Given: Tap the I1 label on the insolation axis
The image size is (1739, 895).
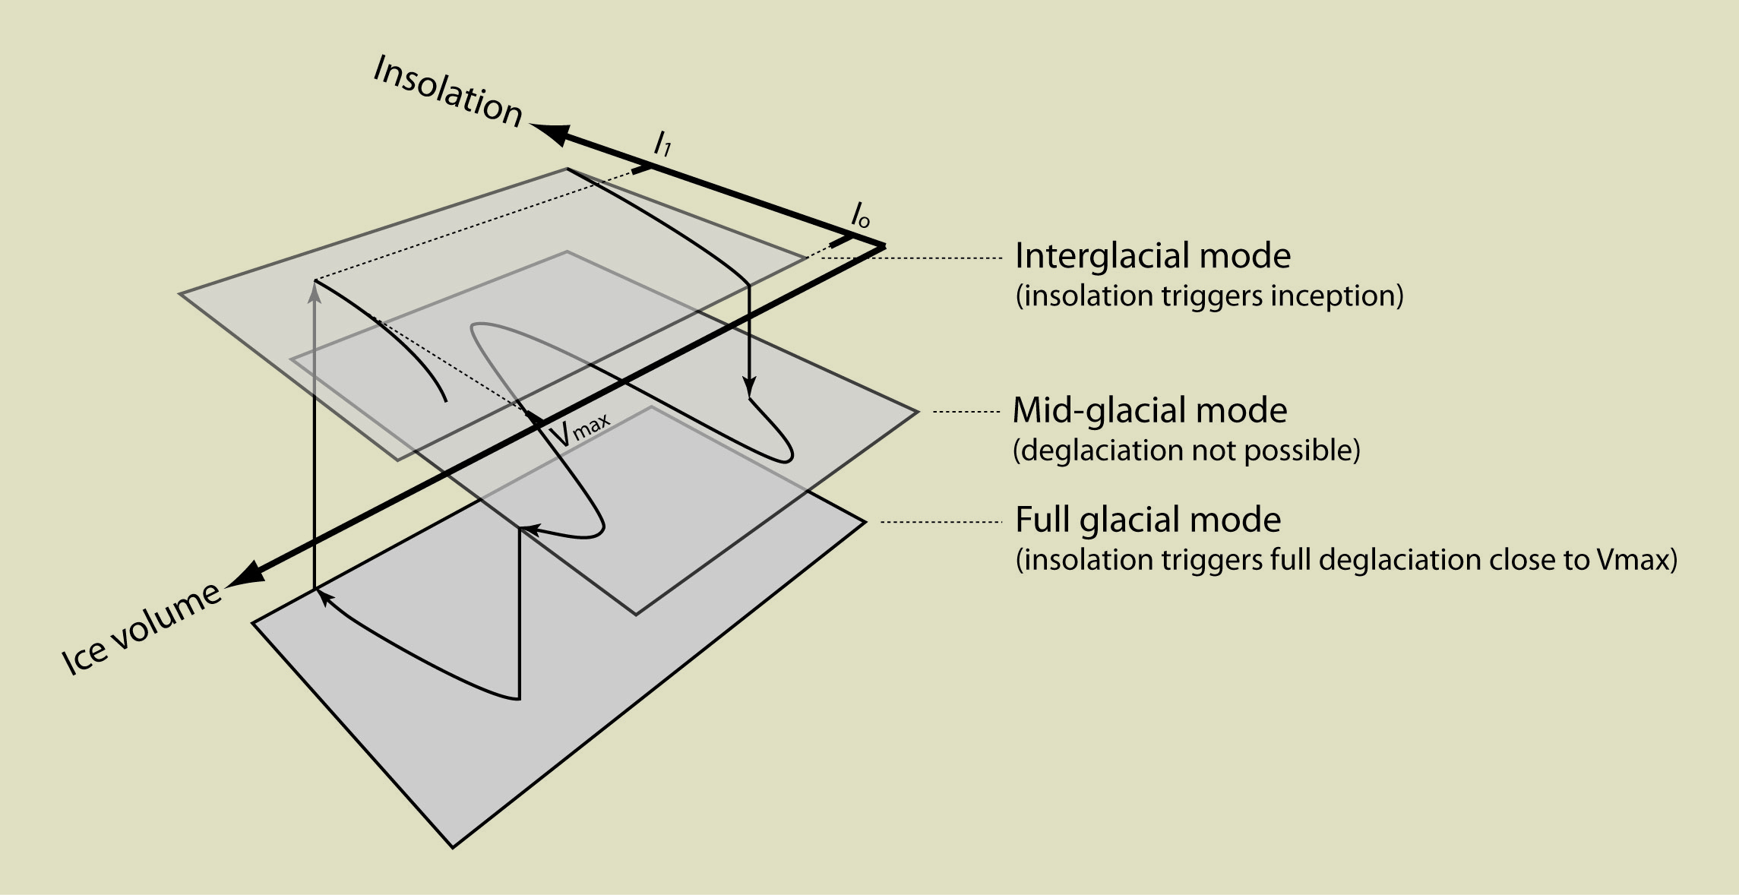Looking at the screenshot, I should (x=662, y=143).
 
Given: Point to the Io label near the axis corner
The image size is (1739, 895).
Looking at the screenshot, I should (x=860, y=216).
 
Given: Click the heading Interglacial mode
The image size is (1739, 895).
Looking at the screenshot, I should (x=1152, y=256).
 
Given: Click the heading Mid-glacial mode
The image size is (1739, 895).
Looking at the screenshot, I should (x=1149, y=411).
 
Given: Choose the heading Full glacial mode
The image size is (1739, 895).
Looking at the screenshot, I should (x=1148, y=520).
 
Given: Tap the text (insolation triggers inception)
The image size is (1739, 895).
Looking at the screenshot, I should (x=1209, y=296).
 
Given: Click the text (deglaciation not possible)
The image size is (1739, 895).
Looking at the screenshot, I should (x=1186, y=451).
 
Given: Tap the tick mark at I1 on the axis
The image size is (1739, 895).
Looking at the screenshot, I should (x=642, y=169).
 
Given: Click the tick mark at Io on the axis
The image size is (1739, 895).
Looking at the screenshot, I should (x=839, y=242).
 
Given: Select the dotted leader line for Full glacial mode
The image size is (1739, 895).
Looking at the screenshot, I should (x=941, y=522).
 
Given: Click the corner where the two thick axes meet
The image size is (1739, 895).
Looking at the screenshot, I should (x=884, y=245).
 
